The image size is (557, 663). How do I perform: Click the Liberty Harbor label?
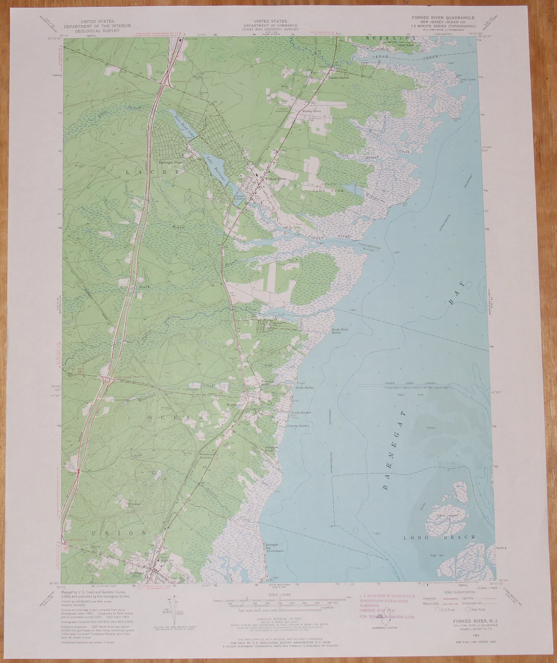click(x=300, y=426)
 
